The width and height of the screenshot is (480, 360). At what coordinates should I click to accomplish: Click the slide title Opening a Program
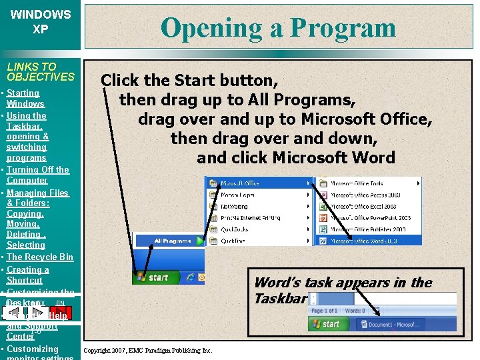[278, 27]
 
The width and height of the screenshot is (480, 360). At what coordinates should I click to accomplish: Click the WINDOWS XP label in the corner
[41, 21]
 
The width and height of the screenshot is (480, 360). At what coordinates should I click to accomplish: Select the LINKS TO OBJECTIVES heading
[41, 71]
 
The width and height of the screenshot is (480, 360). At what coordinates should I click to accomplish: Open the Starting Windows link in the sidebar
[25, 98]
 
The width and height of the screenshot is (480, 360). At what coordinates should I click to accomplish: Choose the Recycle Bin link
[40, 257]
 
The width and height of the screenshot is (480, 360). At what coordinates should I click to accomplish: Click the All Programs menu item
[171, 241]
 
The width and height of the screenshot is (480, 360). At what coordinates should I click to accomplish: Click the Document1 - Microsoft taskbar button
[401, 325]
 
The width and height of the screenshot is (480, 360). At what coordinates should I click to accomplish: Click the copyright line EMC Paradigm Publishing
[147, 351]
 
